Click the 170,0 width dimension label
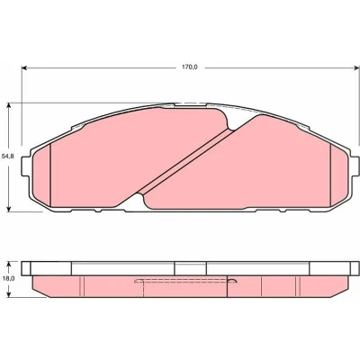(x=189, y=67)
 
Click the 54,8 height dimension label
(x=7, y=157)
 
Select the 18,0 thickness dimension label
(x=8, y=278)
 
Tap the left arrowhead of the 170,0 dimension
(x=25, y=67)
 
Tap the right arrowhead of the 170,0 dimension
(x=355, y=67)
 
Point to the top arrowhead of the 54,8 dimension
(x=9, y=106)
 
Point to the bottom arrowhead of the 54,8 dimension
(x=9, y=209)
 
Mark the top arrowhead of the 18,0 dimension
(x=9, y=265)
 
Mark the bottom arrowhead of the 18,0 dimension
(x=9, y=294)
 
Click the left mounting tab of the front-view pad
(x=26, y=166)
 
